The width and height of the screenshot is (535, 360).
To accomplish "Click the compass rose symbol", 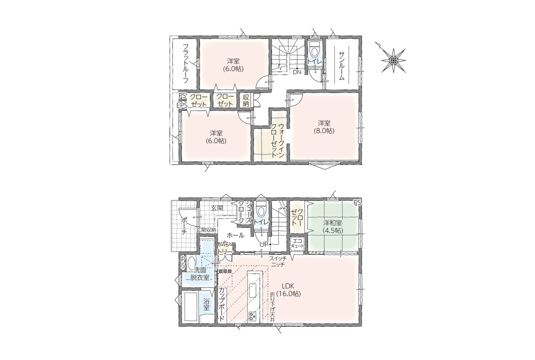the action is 393,60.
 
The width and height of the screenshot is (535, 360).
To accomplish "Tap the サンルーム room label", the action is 341,66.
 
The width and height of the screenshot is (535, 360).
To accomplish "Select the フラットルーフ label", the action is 186,64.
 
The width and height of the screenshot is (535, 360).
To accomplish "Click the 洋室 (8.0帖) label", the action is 324,126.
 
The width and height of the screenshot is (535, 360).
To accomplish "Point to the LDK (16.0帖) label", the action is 289,290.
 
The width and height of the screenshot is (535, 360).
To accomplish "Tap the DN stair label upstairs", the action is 296,72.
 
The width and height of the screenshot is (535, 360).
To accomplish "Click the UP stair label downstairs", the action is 263,244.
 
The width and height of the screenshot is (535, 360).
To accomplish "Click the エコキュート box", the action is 297,243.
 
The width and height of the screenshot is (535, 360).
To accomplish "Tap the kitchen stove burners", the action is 253,316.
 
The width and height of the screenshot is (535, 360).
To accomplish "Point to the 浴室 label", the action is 206,305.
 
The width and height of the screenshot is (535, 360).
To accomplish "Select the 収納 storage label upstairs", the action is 246,100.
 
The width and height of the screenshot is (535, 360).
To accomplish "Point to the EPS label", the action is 182,105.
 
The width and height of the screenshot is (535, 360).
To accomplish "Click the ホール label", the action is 236,235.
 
